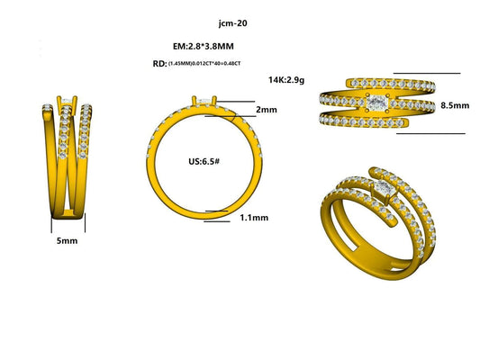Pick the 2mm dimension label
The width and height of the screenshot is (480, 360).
coord(267,109)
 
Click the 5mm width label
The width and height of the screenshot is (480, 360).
coord(65,242)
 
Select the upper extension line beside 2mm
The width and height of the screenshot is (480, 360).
coord(231,103)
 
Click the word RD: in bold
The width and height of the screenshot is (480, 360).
coord(159,63)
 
